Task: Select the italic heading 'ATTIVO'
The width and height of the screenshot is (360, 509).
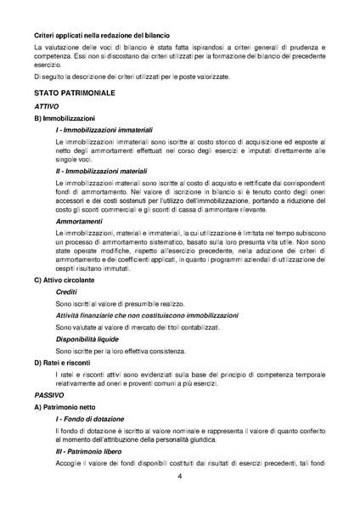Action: tap(47, 105)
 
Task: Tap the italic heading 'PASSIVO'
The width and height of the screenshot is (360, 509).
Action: tap(49, 396)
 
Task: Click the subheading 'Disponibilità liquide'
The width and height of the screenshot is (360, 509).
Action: tap(88, 338)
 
